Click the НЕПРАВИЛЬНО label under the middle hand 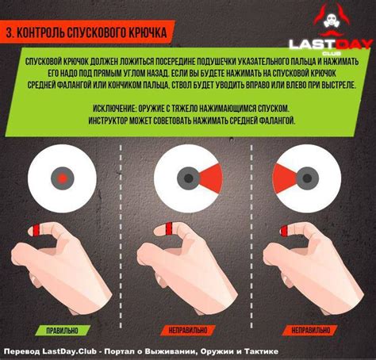(188, 328)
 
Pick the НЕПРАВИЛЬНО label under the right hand (311, 328)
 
